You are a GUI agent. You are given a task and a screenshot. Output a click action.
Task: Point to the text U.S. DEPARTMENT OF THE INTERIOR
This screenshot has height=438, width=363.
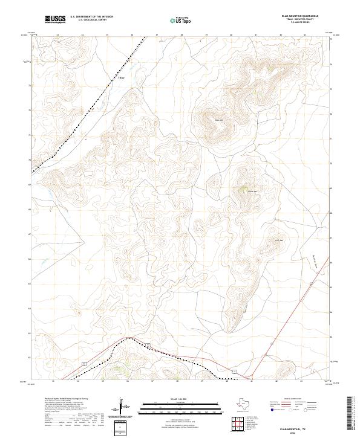91,17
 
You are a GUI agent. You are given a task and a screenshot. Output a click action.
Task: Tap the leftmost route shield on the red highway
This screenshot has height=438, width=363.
85,363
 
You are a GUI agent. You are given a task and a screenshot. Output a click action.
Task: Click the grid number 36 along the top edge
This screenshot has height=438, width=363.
131,35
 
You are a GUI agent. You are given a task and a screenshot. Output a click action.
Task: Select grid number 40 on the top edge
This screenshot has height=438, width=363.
231,35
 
